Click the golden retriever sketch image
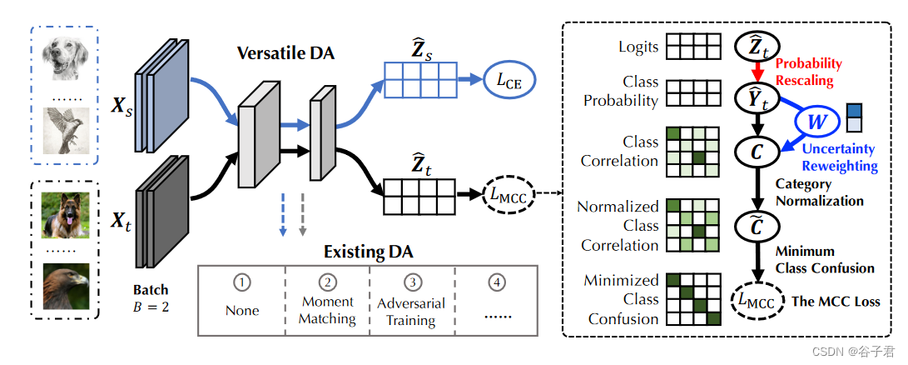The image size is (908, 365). tap(65, 62)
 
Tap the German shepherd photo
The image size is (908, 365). tap(65, 215)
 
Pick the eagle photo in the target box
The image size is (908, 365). tap(65, 287)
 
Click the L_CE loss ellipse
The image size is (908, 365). tap(510, 81)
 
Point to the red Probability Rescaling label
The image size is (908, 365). tap(808, 71)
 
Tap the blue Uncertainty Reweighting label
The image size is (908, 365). tap(838, 157)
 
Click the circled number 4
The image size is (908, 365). tap(497, 283)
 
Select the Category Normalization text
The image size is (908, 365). tap(818, 192)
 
